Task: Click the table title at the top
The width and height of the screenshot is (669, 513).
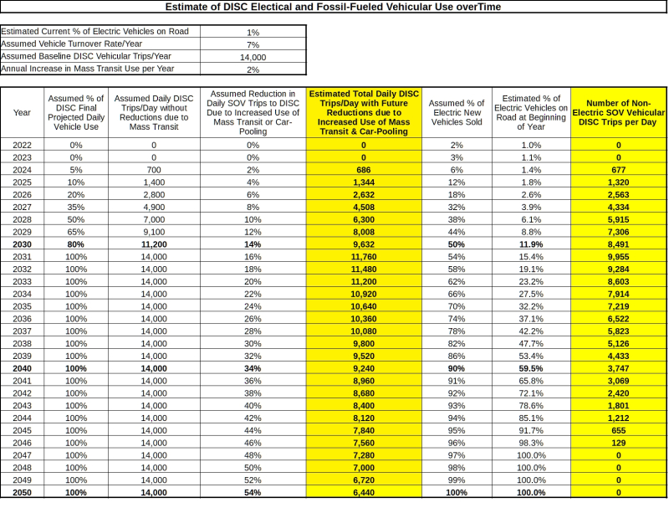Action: (x=334, y=7)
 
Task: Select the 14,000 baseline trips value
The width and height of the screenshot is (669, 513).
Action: (x=253, y=56)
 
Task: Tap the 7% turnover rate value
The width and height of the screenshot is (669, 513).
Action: (x=253, y=44)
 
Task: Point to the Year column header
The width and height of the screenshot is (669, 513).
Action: (x=23, y=111)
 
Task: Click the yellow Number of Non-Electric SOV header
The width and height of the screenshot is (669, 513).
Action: (x=619, y=111)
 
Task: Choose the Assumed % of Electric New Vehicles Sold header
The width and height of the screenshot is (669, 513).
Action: (x=457, y=111)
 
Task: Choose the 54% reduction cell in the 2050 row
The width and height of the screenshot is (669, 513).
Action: (x=253, y=493)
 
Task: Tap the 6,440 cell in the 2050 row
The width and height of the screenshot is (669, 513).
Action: (x=364, y=493)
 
